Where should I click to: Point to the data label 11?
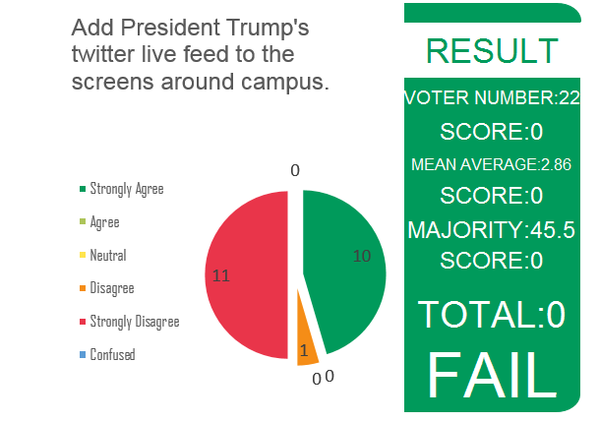(x=221, y=276)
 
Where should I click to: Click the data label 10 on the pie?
(x=362, y=256)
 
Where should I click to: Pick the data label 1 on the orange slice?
(x=304, y=350)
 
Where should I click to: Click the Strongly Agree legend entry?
(x=127, y=188)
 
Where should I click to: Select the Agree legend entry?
(x=104, y=222)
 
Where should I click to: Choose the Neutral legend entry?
(x=108, y=256)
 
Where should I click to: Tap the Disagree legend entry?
(x=111, y=288)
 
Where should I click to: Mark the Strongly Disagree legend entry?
(x=135, y=322)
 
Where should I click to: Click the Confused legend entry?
(x=112, y=355)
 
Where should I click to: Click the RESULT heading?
(x=492, y=51)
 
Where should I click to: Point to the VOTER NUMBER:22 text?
(x=492, y=98)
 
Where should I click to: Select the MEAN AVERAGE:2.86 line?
(x=492, y=164)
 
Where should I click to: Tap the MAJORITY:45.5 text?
(x=492, y=230)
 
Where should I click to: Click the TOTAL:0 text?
(x=492, y=315)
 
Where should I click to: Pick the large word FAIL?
(x=492, y=374)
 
